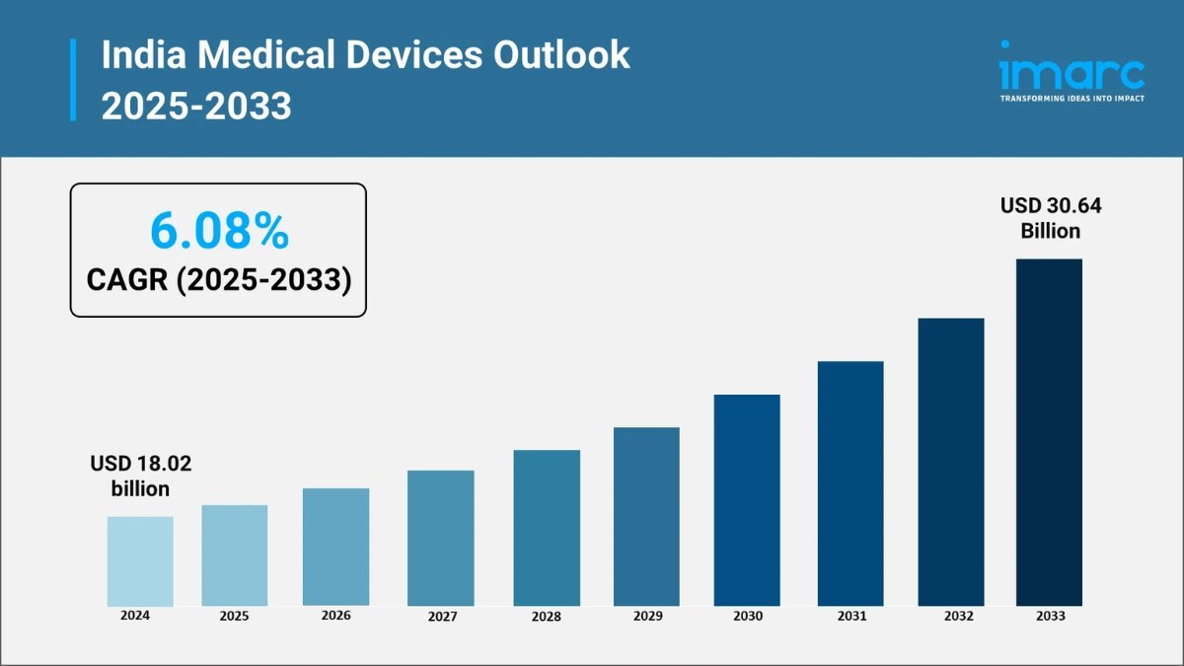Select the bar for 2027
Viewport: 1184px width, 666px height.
(440, 538)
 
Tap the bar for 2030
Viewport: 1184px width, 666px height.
(747, 499)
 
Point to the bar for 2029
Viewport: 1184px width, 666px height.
(646, 516)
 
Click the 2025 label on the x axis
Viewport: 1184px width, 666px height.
(234, 616)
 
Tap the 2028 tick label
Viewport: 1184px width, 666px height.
(546, 617)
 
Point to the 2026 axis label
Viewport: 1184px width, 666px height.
(335, 615)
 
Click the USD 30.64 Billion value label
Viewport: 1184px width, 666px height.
(1050, 218)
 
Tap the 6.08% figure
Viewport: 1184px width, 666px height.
(219, 231)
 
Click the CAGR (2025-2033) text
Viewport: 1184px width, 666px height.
(219, 280)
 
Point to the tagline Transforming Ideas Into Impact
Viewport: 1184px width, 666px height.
(1072, 99)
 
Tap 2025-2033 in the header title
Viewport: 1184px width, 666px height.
(196, 105)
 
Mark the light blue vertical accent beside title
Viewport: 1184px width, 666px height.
(73, 80)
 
